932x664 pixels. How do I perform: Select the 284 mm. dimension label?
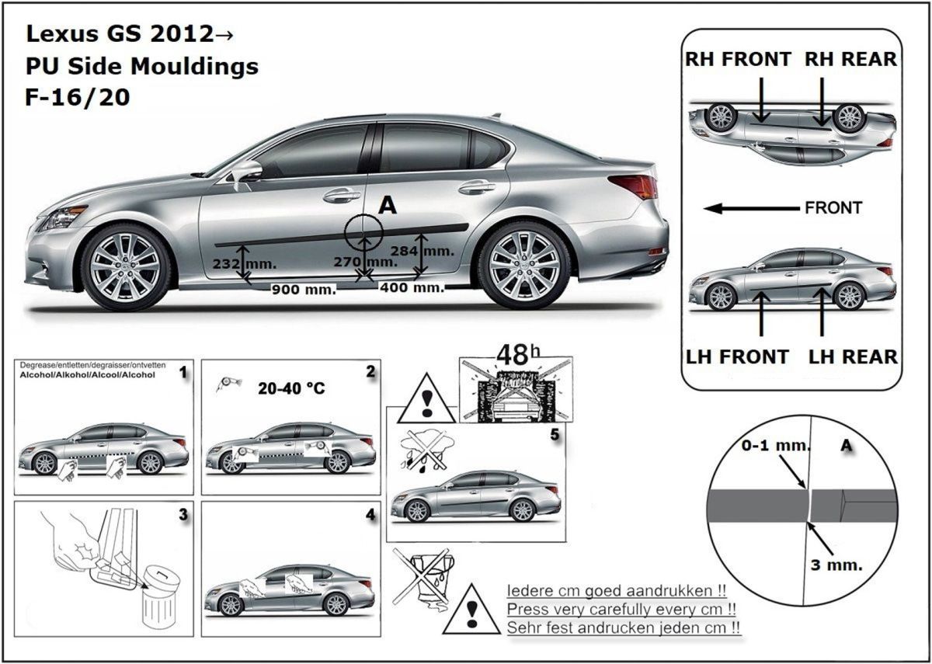coord(433,251)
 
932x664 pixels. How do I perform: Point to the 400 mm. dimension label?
coord(412,287)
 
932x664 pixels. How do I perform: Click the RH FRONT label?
coord(738,59)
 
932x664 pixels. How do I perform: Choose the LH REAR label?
coord(853,356)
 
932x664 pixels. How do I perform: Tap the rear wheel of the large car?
coord(524,264)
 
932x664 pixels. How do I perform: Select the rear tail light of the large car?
coord(635,186)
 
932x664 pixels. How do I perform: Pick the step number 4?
coord(370,514)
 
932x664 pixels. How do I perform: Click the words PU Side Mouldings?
coord(142,67)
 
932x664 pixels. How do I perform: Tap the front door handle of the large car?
coord(341,196)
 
